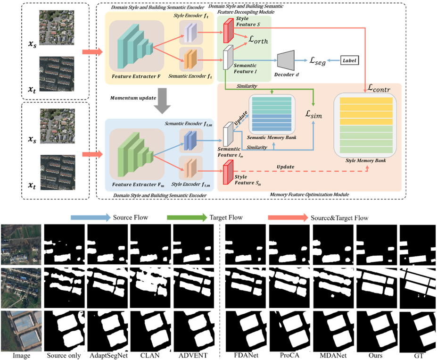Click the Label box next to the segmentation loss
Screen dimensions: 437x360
[x=349, y=60]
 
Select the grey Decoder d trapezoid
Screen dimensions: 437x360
[x=286, y=60]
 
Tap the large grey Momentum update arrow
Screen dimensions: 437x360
[x=162, y=100]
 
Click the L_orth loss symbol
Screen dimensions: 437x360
[x=258, y=40]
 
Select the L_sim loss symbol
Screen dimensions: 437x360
[x=313, y=114]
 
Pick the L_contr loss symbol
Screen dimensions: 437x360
[x=379, y=88]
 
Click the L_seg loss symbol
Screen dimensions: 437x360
[x=318, y=61]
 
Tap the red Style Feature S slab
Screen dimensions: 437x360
[x=229, y=30]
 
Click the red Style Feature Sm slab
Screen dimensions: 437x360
[x=228, y=172]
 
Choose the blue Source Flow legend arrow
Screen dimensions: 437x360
[x=91, y=218]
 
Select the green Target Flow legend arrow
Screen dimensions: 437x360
[x=187, y=218]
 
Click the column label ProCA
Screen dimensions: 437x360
[x=289, y=355]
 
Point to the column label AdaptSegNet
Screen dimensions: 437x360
[x=109, y=356]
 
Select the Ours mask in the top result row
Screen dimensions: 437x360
[x=377, y=244]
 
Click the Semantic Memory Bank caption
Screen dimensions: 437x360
[x=272, y=137]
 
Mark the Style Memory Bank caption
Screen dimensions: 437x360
[x=366, y=160]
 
